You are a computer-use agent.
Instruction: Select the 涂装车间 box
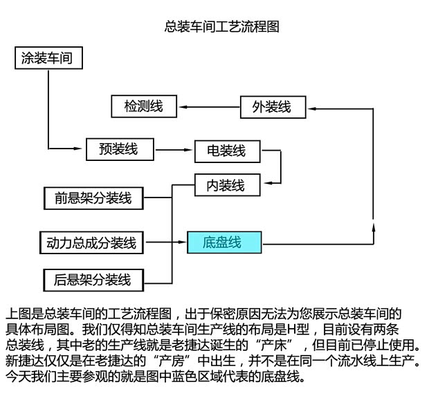tap(48, 58)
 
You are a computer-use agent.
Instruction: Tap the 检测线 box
tap(143, 106)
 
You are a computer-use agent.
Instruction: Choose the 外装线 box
tap(271, 106)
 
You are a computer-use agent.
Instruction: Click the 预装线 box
tap(118, 148)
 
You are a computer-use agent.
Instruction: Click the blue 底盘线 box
tap(223, 242)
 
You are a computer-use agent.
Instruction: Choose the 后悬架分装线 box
tap(93, 279)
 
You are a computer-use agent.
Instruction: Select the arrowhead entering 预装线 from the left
tap(81, 148)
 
